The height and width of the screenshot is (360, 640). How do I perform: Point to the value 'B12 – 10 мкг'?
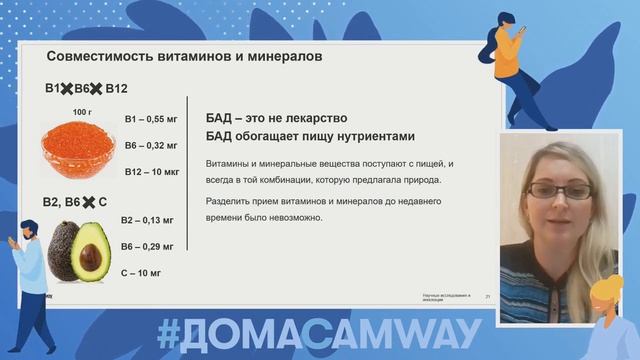152,172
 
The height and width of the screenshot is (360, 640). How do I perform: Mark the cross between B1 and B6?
68,89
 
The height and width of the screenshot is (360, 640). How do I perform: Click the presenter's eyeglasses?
553,190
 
